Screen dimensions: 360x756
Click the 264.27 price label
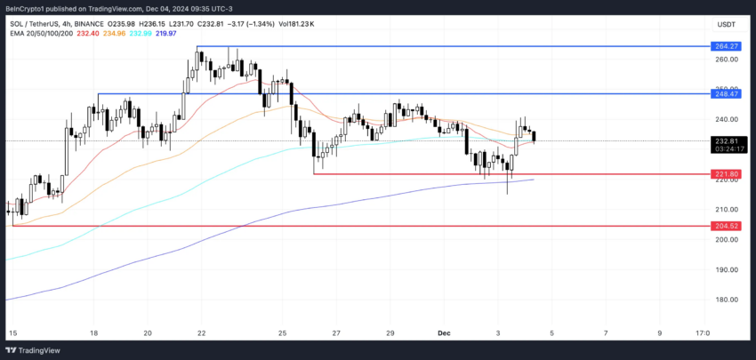pos(726,46)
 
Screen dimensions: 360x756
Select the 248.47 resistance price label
pos(726,93)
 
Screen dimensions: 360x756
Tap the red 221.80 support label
pos(726,174)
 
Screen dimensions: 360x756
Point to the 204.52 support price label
pos(726,226)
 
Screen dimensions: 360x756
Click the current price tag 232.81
pos(726,140)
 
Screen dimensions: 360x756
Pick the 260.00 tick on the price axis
pos(726,60)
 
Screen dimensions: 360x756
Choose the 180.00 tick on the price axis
pos(726,300)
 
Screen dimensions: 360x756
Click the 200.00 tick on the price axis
pos(726,239)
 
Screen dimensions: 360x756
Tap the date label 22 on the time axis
pos(202,333)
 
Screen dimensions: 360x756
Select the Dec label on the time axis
pos(445,333)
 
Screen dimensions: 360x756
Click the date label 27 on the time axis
pos(336,333)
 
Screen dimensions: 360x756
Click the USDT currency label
pos(728,25)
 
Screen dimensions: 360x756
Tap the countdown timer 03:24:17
pos(726,148)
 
